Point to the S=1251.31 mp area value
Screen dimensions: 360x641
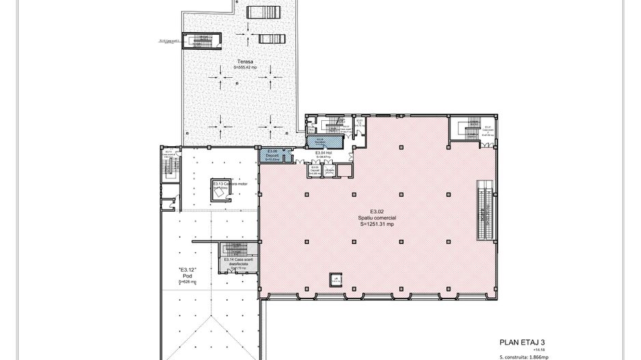(374, 223)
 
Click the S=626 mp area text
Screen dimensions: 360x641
(188, 281)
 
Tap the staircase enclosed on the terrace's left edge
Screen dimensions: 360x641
(203, 40)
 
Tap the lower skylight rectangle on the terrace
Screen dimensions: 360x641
(268, 38)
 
